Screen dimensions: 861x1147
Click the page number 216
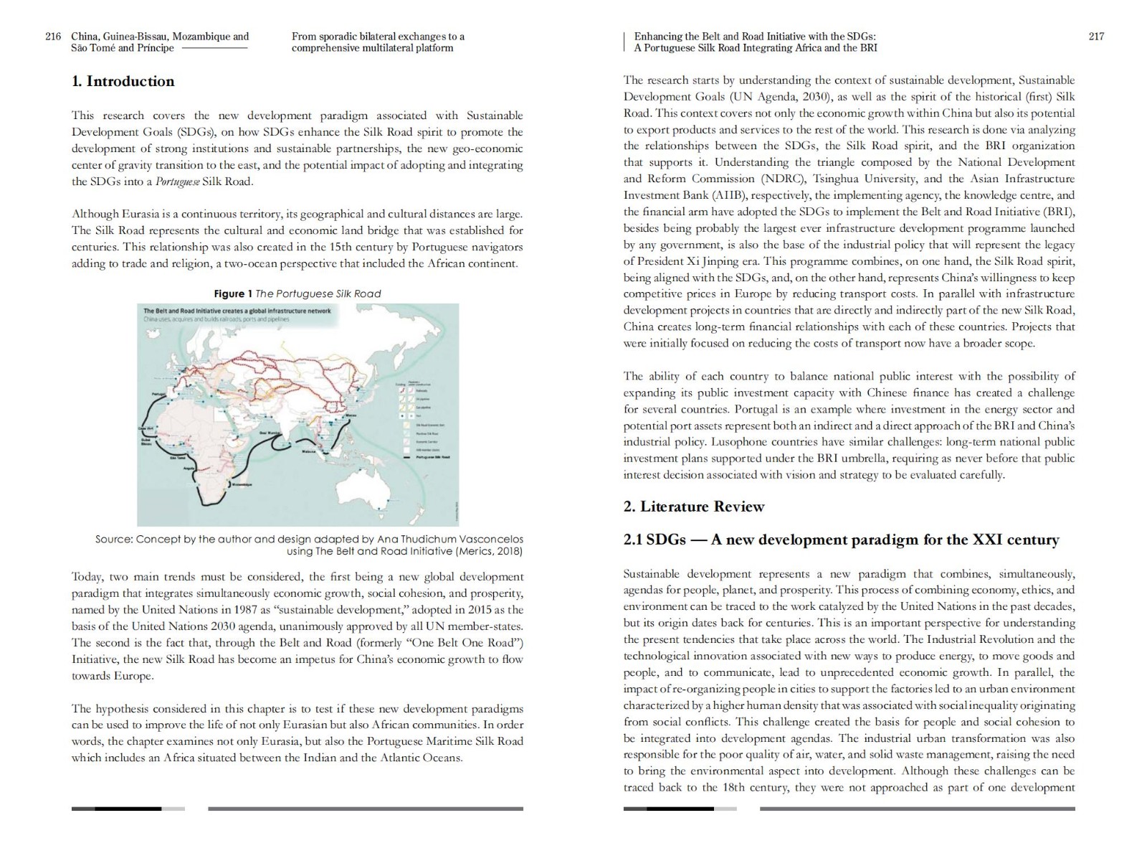53,37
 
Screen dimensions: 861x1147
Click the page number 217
1096,37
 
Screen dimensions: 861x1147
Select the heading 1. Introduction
123,81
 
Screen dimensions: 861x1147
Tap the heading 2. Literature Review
693,507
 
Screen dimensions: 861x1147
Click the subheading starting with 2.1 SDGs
841,540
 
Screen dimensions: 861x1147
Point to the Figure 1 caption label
233,293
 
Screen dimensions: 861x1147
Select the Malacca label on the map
308,452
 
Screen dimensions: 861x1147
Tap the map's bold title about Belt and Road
237,311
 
